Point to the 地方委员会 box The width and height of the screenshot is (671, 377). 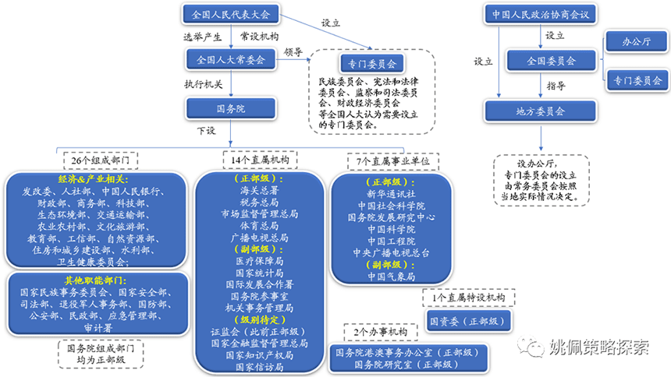click(541, 111)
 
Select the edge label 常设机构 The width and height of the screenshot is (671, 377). click(260, 37)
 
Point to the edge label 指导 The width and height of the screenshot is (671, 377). click(556, 85)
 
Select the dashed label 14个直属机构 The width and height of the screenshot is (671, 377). click(260, 160)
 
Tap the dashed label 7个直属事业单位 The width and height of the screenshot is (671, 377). click(392, 160)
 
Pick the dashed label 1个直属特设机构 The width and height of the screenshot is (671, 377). click(468, 298)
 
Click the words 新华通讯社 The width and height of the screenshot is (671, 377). click(391, 193)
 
